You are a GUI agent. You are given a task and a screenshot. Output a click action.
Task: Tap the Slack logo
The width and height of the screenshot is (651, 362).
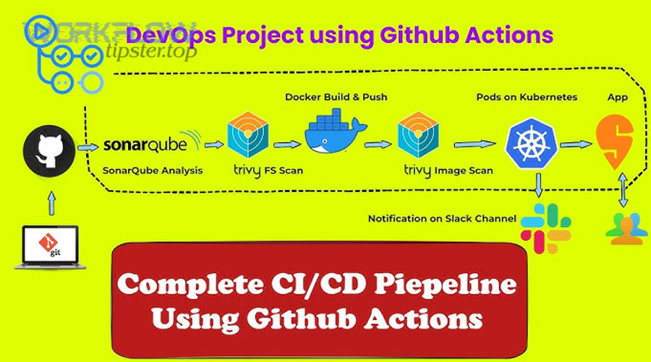pyautogui.click(x=540, y=228)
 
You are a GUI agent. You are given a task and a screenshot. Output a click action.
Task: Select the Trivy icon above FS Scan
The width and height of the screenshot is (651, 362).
pyautogui.click(x=248, y=134)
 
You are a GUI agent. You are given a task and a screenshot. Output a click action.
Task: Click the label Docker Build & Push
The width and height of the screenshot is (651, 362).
pyautogui.click(x=336, y=96)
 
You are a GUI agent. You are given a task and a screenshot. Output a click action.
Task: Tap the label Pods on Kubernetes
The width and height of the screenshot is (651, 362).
pyautogui.click(x=527, y=97)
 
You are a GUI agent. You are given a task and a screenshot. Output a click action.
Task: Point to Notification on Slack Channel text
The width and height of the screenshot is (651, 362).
pyautogui.click(x=442, y=218)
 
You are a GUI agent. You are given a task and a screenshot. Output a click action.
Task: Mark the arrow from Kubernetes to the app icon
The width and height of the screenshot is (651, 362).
pyautogui.click(x=574, y=145)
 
